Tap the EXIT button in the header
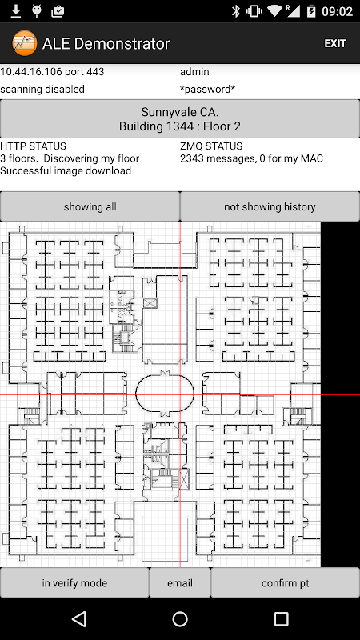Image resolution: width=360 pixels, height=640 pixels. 335,43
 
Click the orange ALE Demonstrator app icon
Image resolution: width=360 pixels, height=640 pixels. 25,43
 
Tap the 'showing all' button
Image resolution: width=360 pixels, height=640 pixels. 90,206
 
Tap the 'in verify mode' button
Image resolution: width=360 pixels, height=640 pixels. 74,583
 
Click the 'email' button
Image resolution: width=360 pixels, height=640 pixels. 180,583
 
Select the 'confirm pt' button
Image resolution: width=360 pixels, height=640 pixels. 286,583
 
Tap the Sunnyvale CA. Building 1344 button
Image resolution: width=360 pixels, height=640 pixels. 180,118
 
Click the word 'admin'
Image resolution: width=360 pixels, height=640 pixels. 194,71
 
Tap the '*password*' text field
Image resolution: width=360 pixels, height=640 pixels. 207,89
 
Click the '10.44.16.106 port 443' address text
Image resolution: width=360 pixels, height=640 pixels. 52,71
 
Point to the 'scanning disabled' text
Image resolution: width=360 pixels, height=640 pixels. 42,89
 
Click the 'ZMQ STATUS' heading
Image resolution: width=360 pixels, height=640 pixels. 211,146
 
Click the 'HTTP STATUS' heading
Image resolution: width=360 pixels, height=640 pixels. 33,146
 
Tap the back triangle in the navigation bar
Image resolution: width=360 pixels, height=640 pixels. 78,618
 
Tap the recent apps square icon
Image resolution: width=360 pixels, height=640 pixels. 281,618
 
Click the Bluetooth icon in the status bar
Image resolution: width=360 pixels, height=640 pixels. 236,11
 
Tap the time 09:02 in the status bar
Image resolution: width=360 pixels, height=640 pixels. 337,11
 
